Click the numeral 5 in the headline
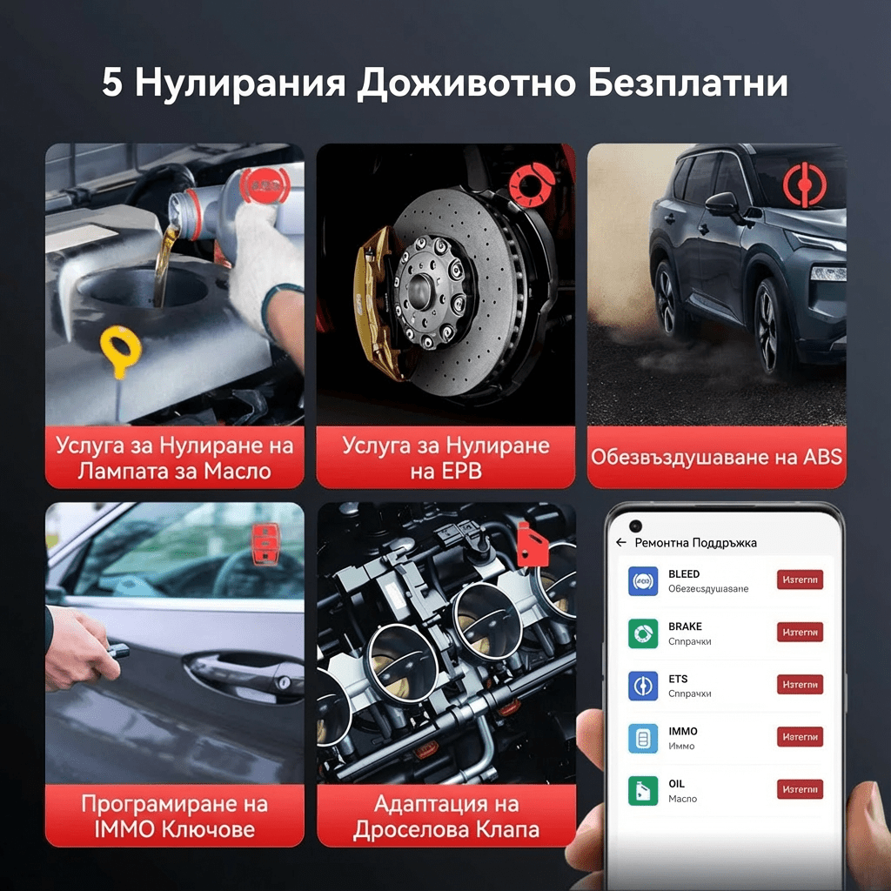pos(112,84)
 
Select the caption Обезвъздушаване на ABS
pos(716,457)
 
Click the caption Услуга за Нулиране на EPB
pos(445,458)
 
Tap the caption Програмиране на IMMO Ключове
pos(175,815)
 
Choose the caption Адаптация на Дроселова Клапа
pos(445,815)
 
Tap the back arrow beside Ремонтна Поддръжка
pos(621,542)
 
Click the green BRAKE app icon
pos(643,633)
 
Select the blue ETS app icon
pos(643,686)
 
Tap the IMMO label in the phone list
pos(683,731)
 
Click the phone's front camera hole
pos(636,526)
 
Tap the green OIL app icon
pos(643,790)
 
